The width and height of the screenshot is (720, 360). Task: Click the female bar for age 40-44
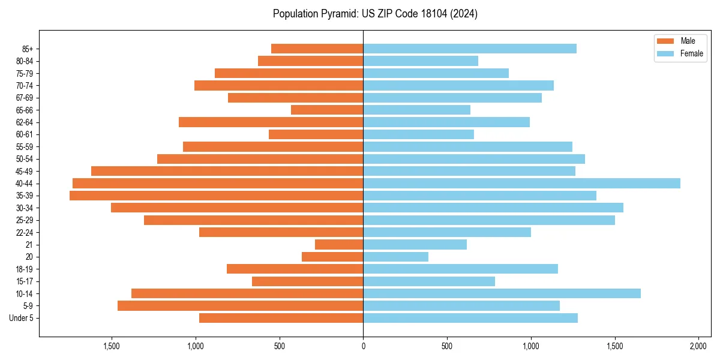point(521,183)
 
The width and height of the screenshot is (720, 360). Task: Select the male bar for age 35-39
point(216,196)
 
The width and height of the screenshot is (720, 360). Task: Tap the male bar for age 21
point(339,244)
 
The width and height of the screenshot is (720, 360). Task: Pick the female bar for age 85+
point(470,49)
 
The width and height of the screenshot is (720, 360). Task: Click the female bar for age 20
point(395,257)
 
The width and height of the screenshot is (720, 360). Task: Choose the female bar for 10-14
point(502,293)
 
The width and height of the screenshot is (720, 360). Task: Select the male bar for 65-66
point(327,110)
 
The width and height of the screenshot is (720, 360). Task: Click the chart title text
point(375,14)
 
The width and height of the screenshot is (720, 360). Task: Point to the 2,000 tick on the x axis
point(698,346)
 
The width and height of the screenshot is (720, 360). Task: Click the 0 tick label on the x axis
point(363,346)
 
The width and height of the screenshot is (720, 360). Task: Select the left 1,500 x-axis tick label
point(112,346)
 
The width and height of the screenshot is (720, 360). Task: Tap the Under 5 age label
point(22,318)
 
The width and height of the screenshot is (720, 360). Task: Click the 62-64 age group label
point(25,122)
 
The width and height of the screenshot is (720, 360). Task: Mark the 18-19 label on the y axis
point(25,269)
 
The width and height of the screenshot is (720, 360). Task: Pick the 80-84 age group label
point(25,61)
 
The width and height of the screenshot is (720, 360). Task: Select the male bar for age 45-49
point(227,171)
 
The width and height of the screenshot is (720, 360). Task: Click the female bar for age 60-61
point(418,134)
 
